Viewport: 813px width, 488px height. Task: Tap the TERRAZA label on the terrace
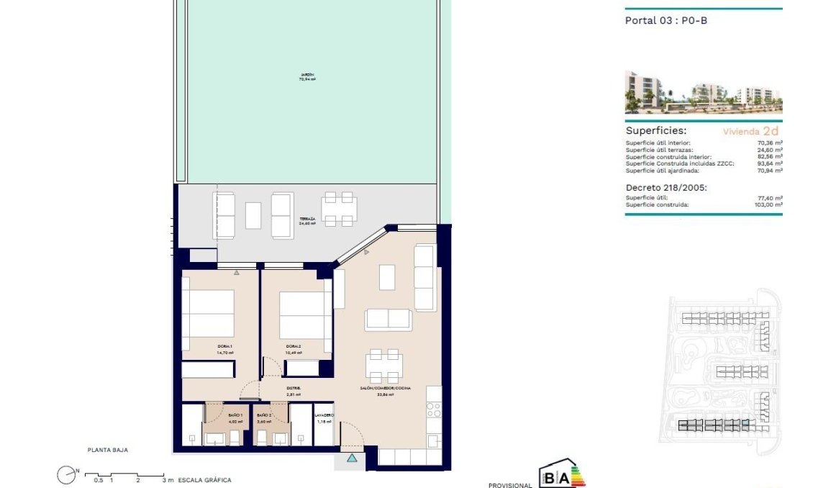pyautogui.click(x=308, y=218)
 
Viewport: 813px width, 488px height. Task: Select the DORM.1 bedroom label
pyautogui.click(x=224, y=346)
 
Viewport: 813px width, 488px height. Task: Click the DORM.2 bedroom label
pyautogui.click(x=293, y=346)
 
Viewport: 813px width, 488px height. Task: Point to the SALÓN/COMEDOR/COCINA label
pyautogui.click(x=386, y=389)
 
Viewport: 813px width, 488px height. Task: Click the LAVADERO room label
pyautogui.click(x=324, y=415)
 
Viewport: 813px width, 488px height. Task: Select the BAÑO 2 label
pyautogui.click(x=264, y=415)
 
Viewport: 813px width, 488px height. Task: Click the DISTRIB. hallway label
pyautogui.click(x=293, y=389)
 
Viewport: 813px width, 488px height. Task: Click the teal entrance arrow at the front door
pyautogui.click(x=351, y=457)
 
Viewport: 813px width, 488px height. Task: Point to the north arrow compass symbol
pyautogui.click(x=66, y=474)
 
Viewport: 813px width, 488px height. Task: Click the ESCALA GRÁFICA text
pyautogui.click(x=205, y=480)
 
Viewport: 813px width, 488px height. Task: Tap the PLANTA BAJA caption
pyautogui.click(x=107, y=450)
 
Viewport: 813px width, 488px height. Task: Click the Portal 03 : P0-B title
pyautogui.click(x=666, y=20)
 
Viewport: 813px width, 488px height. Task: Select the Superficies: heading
pyautogui.click(x=655, y=131)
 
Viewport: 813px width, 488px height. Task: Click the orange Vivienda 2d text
pyautogui.click(x=750, y=132)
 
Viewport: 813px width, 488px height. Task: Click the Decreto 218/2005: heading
pyautogui.click(x=666, y=187)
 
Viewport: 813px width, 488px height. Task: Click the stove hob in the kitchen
pyautogui.click(x=433, y=410)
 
